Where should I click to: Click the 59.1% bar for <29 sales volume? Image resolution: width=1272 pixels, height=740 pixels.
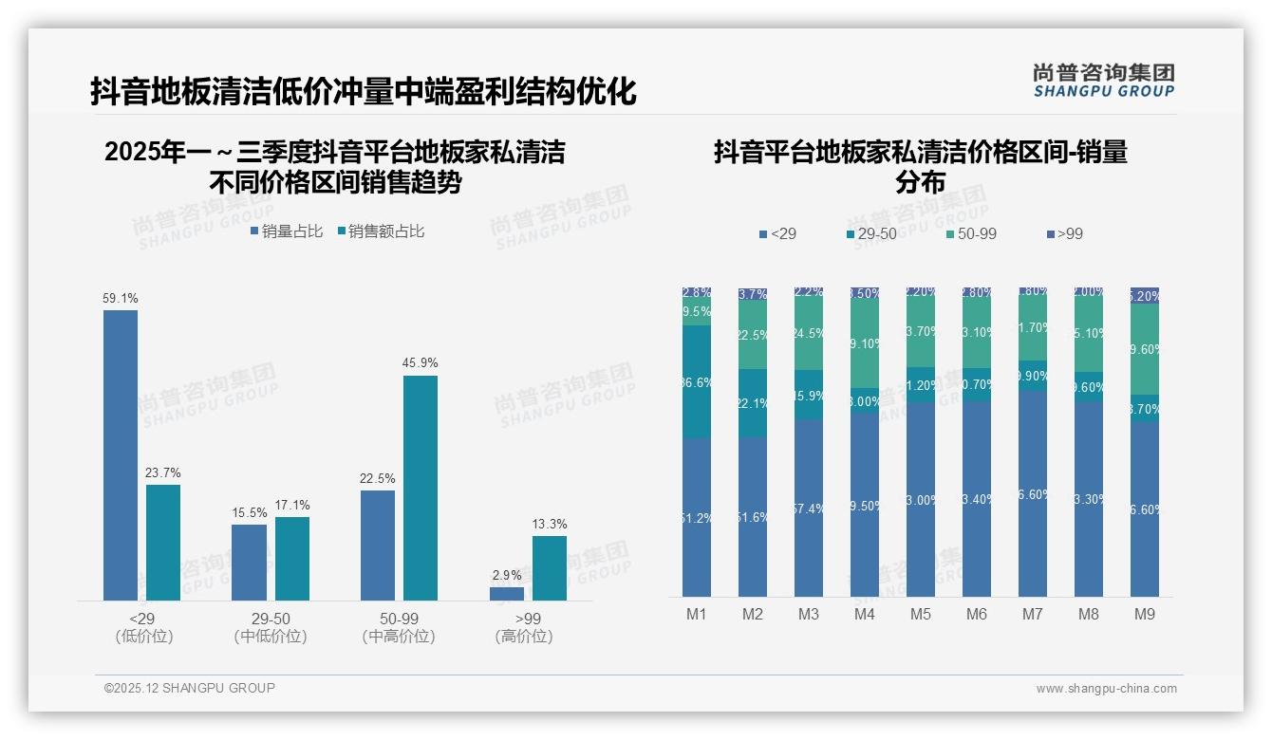point(121,455)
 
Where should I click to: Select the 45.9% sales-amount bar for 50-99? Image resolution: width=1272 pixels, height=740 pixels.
point(421,488)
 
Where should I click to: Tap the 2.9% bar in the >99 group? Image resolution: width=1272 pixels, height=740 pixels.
point(507,594)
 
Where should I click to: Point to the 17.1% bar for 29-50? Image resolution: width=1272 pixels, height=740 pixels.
point(292,559)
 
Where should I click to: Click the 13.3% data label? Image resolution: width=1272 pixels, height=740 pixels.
point(550,525)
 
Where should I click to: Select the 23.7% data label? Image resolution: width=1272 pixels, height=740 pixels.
point(163,473)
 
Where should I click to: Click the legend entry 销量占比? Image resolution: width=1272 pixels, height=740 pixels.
point(287,231)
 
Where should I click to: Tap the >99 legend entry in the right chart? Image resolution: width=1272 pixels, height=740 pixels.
point(1064,233)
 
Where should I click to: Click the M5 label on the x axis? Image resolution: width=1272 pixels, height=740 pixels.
point(921,615)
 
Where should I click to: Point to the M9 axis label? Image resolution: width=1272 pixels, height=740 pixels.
point(1145,615)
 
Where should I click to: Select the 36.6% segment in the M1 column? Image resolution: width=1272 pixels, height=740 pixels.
point(697,381)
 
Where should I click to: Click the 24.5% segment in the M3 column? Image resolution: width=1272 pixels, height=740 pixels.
point(808,334)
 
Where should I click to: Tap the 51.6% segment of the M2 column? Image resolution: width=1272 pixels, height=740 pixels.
point(753,517)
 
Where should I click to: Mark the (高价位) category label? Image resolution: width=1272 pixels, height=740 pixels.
point(524,637)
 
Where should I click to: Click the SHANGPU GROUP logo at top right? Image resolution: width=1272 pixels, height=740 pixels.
point(1104,81)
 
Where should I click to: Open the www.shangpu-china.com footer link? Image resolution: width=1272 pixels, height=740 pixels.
point(1106,689)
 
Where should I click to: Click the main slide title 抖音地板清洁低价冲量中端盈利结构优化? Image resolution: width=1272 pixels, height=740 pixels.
point(363,92)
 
